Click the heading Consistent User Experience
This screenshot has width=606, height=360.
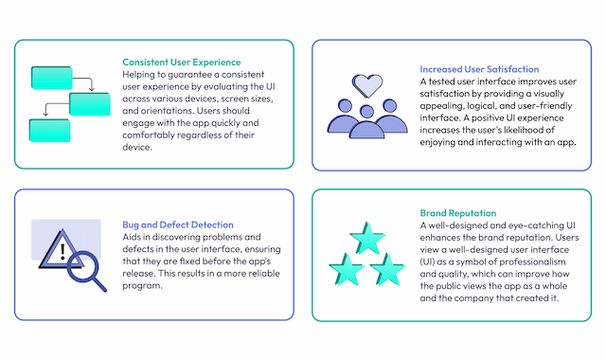click(x=183, y=63)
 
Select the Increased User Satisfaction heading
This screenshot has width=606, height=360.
click(x=479, y=69)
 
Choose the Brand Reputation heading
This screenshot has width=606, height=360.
click(x=459, y=213)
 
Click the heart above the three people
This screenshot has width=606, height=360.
click(x=365, y=85)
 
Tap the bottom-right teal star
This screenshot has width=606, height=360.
click(x=388, y=270)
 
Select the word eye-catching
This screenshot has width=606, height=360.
click(x=544, y=225)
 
